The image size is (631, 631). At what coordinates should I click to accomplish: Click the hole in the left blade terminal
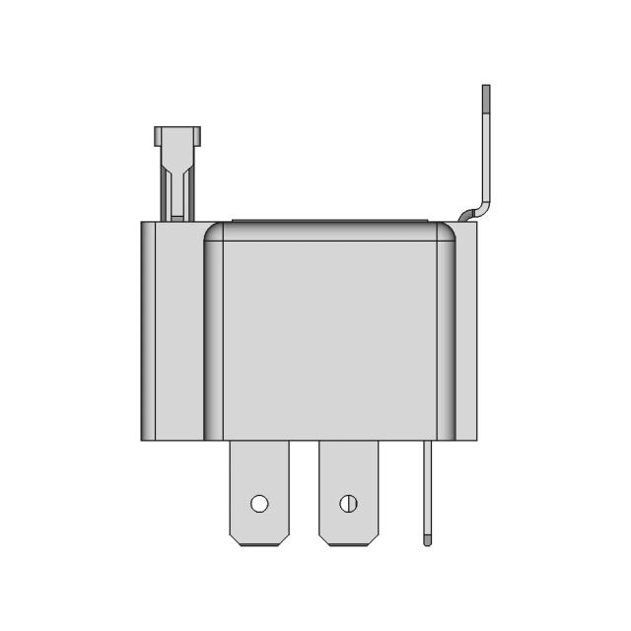[x=259, y=504]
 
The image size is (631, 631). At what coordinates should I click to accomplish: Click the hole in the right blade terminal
[x=348, y=504]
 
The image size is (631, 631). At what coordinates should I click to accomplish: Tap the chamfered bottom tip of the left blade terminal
[x=259, y=538]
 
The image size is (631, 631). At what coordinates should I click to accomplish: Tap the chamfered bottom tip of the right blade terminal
[x=348, y=538]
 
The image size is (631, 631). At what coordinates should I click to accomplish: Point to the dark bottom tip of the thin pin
[x=427, y=541]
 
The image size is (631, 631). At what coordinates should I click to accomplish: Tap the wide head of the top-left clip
[x=176, y=135]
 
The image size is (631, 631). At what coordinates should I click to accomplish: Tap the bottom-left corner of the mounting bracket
[x=145, y=437]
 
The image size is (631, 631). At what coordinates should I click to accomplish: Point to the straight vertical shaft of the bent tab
[x=485, y=148]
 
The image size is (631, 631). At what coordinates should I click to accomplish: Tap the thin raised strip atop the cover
[x=330, y=221]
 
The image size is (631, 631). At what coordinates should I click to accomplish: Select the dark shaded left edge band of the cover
[x=213, y=335]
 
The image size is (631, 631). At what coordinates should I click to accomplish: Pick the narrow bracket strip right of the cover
[x=469, y=335]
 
